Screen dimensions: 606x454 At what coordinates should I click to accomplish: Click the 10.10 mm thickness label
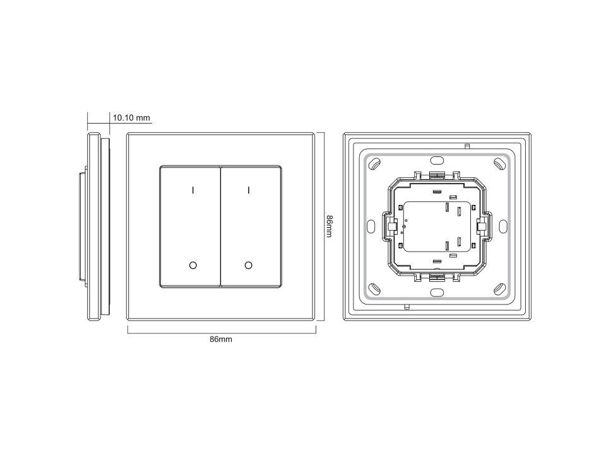[131, 118]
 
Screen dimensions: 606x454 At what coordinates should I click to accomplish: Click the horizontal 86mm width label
[221, 339]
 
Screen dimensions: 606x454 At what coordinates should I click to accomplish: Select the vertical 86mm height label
[329, 226]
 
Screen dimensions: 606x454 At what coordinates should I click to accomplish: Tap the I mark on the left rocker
[193, 190]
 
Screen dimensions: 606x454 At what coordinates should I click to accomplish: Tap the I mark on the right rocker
[249, 190]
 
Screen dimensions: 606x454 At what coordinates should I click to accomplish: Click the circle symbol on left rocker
[193, 265]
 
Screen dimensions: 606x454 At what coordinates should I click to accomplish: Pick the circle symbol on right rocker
[249, 265]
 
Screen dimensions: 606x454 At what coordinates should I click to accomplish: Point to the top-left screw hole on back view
[374, 164]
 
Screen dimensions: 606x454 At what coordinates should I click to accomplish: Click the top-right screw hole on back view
[499, 164]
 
